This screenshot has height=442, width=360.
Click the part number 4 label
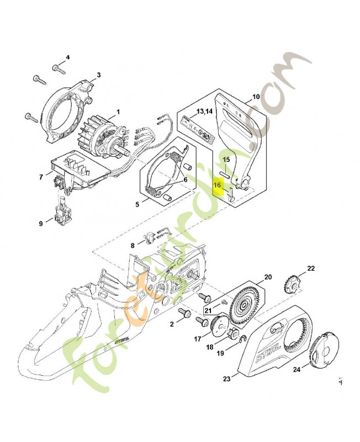(x=68, y=57)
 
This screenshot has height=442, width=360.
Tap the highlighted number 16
(x=218, y=186)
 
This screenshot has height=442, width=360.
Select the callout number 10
(x=256, y=97)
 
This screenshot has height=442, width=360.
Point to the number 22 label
(x=311, y=269)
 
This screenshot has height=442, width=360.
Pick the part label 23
(x=226, y=378)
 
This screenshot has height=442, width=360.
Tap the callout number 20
(x=268, y=277)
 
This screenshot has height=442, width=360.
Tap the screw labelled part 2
(x=187, y=315)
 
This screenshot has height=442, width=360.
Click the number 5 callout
(x=137, y=204)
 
